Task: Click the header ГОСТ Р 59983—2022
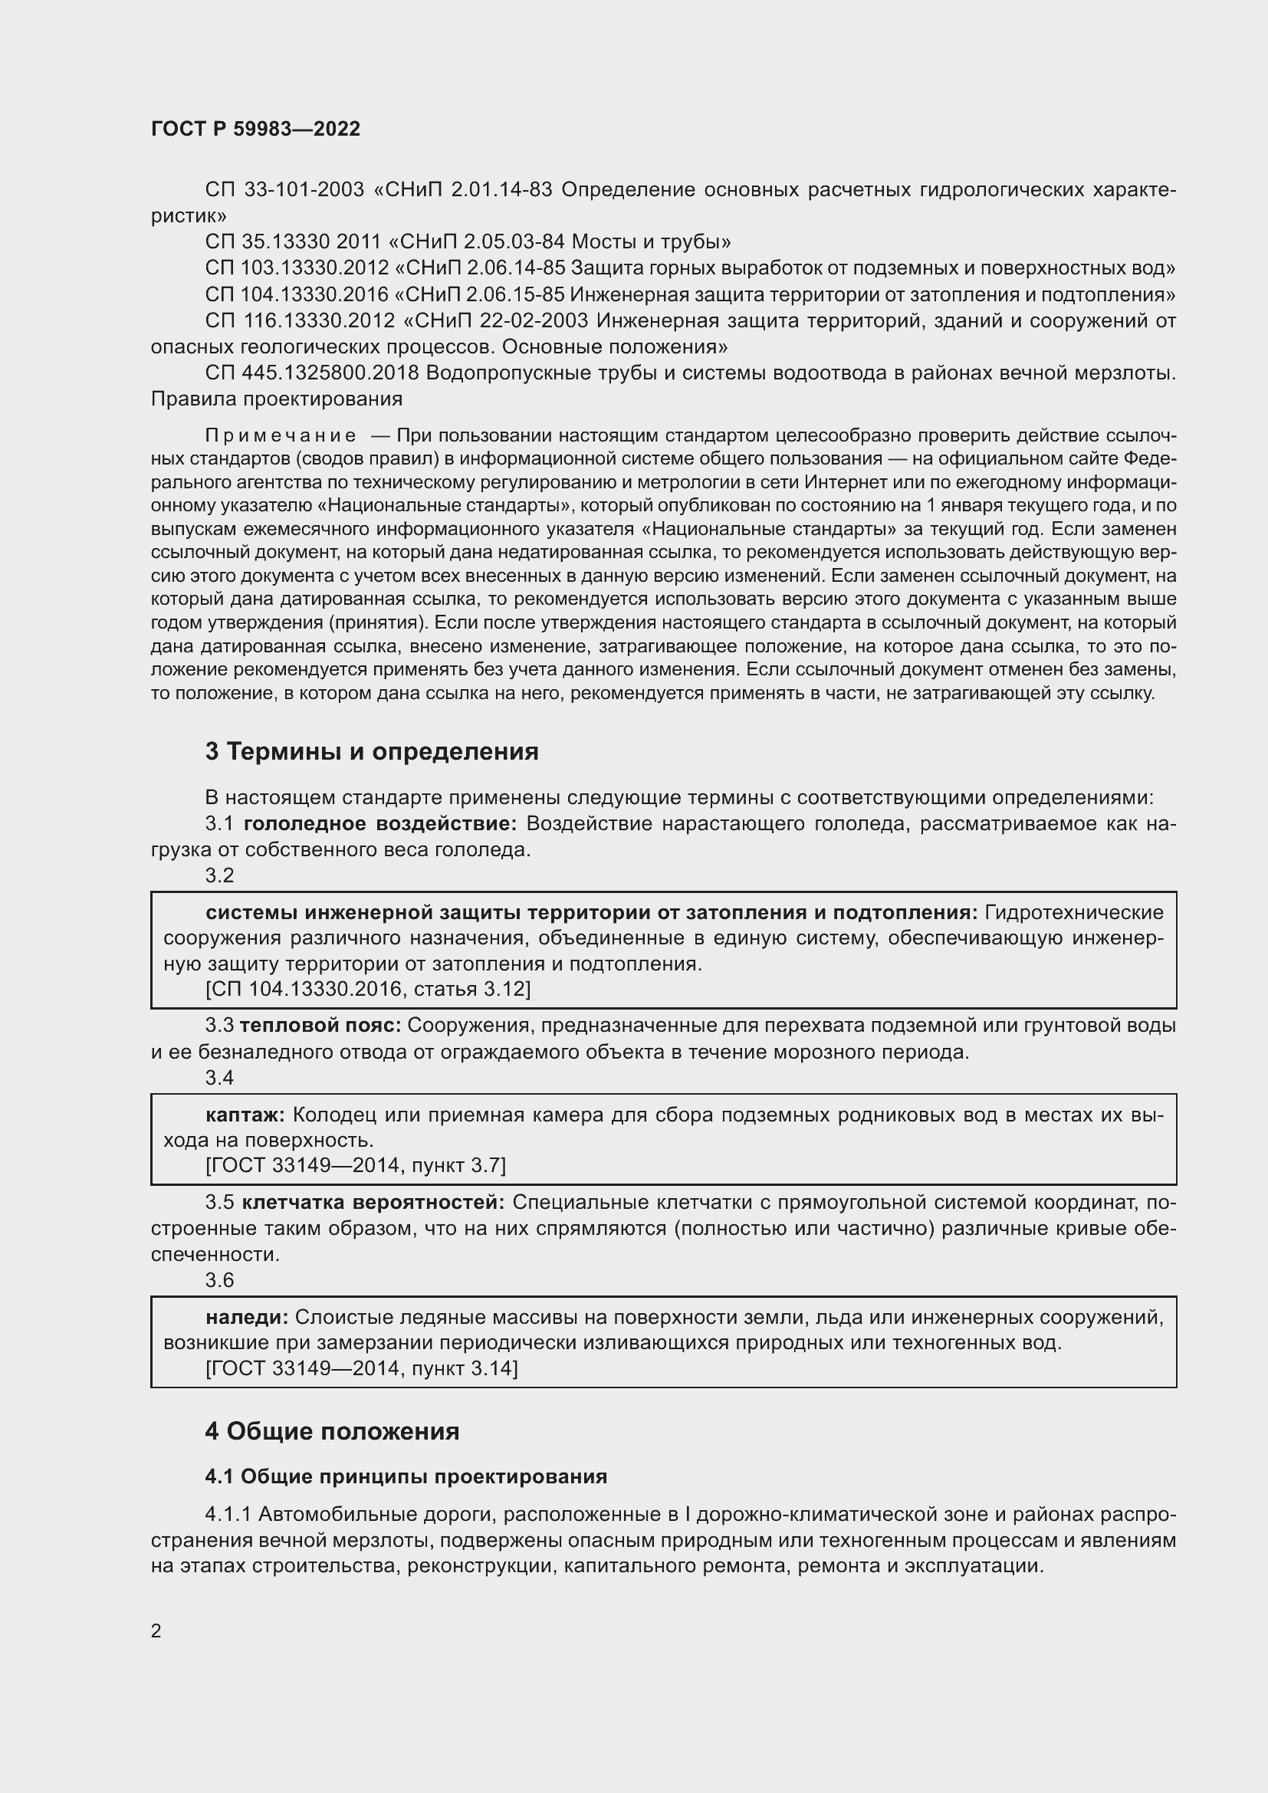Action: pos(255,129)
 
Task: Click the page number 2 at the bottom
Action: pos(156,1630)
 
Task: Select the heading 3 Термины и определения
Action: pos(372,751)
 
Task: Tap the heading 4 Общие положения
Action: pos(332,1431)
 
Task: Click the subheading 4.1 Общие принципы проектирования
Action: pos(406,1476)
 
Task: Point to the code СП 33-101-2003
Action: pos(284,190)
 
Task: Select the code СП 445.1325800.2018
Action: pos(312,373)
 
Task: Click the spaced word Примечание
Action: pos(281,435)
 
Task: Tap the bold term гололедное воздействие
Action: pos(380,824)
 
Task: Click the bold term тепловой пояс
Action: pos(320,1026)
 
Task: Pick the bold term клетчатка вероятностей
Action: pos(373,1202)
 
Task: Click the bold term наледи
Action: pos(247,1318)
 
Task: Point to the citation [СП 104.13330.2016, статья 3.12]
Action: pos(368,990)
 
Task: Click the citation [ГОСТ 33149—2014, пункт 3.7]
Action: pos(355,1165)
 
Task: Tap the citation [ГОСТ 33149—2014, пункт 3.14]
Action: pos(362,1368)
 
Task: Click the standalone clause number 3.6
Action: pos(219,1280)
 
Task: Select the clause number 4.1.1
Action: pos(227,1515)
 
